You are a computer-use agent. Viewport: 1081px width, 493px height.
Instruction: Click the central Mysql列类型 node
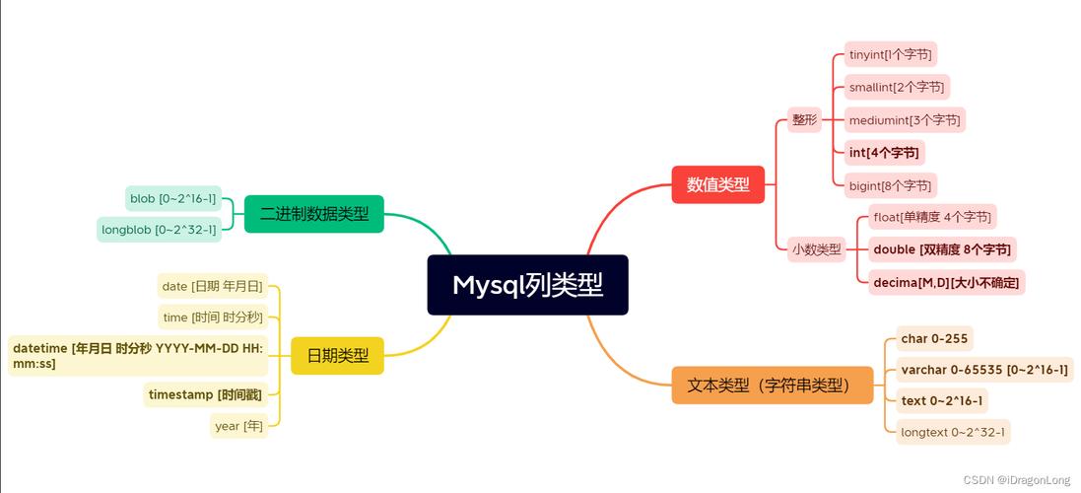pos(527,285)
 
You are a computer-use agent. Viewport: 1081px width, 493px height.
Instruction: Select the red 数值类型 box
pos(717,184)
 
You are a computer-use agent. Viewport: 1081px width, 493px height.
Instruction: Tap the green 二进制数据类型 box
pos(313,214)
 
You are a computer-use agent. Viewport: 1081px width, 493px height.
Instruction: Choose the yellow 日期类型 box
pos(337,356)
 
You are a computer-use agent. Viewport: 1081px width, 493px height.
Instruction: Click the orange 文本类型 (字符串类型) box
pos(773,385)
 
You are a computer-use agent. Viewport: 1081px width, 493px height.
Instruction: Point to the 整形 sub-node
pos(804,120)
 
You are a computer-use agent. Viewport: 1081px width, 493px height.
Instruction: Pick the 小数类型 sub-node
pos(817,249)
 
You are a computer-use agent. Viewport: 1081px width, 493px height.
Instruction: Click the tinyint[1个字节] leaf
pos(890,54)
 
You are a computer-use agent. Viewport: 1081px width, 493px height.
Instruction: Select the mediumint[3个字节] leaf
pos(904,120)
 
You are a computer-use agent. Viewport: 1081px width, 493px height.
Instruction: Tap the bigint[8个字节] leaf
pos(890,185)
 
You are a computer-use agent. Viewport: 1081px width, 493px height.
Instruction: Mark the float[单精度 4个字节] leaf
pos(932,217)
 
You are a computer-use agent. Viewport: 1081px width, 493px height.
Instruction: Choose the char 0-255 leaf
pos(934,339)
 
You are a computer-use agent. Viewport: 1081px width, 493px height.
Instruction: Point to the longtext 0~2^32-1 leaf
pos(952,432)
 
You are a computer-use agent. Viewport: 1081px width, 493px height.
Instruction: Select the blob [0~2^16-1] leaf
pos(172,199)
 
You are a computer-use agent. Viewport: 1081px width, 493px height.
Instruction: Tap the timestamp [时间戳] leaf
pos(205,395)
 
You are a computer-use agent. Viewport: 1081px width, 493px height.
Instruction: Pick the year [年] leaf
pos(238,426)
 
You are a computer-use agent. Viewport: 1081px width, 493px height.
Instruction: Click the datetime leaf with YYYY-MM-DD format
pos(138,356)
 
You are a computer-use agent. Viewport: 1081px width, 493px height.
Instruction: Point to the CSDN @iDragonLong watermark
pos(1016,480)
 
